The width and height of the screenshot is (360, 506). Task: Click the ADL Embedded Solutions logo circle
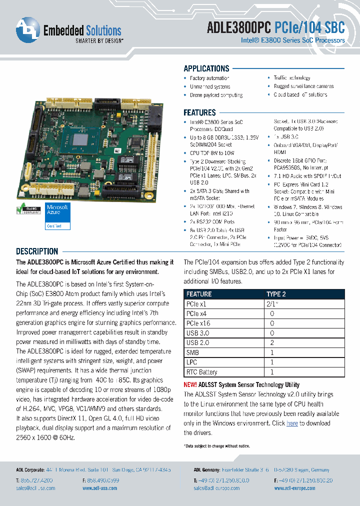(x=27, y=30)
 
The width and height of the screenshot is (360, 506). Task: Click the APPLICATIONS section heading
(x=206, y=69)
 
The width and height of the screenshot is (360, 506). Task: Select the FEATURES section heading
(x=199, y=112)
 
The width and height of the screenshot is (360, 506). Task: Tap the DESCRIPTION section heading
(x=37, y=251)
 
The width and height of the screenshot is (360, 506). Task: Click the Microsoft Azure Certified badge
(x=58, y=216)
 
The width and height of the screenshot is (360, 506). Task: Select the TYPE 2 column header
(x=276, y=294)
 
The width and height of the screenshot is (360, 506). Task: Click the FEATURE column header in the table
(x=199, y=294)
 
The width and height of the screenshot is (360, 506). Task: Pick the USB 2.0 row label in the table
(x=198, y=343)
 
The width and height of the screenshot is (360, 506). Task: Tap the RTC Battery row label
(x=201, y=372)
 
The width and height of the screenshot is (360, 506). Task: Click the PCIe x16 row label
(x=198, y=323)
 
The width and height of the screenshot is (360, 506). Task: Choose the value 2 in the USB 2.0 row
(x=272, y=343)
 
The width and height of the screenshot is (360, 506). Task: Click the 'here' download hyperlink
(x=292, y=423)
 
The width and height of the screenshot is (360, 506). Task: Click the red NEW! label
(x=190, y=385)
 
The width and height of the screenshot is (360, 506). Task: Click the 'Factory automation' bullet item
(x=209, y=78)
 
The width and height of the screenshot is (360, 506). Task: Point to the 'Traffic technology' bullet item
(x=292, y=78)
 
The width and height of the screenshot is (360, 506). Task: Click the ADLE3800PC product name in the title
(x=239, y=29)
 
